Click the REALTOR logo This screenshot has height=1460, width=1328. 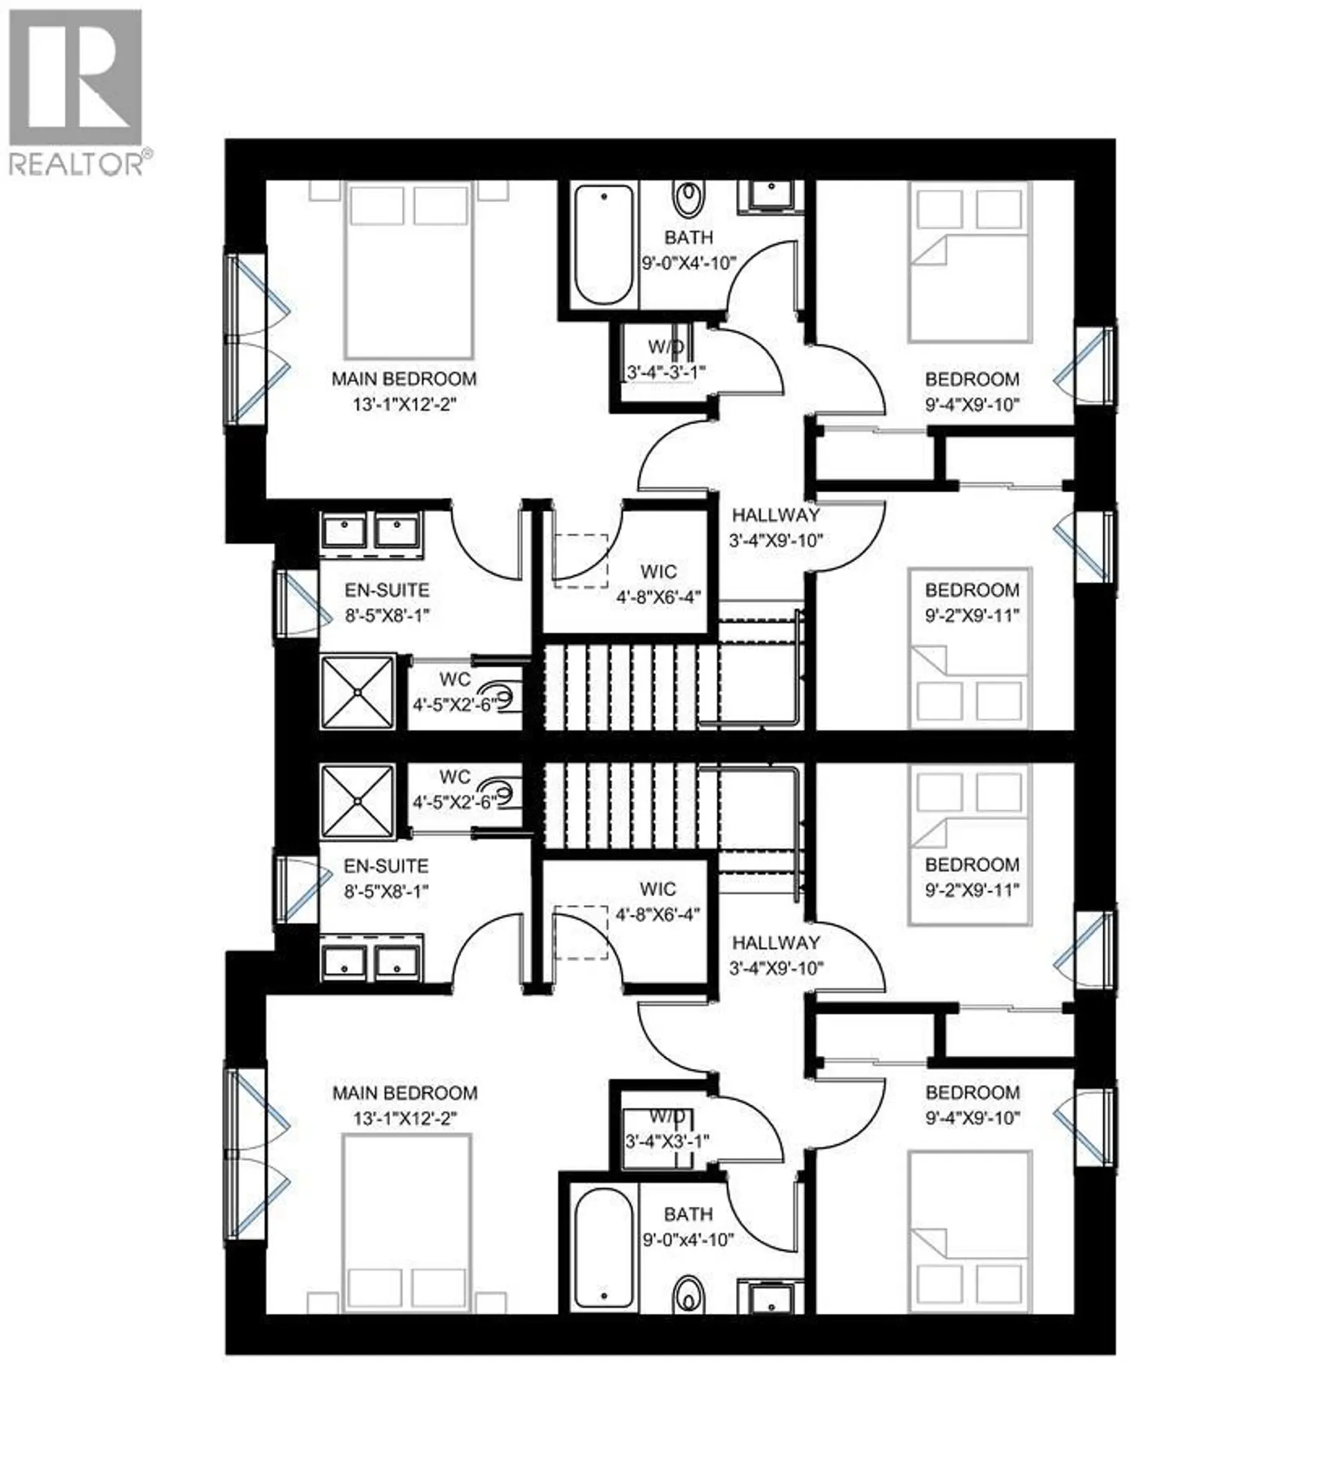75,91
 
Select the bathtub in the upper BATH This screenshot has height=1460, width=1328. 604,245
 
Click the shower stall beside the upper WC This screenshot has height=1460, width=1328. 358,693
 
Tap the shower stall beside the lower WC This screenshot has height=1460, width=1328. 358,802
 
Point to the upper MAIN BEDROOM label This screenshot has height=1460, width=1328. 404,378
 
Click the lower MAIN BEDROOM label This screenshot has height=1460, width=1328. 404,1093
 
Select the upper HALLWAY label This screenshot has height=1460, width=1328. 775,515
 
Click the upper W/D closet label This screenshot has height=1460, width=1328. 665,347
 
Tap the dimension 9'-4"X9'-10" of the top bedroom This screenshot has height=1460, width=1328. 972,404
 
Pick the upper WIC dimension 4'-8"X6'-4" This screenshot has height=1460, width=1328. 658,597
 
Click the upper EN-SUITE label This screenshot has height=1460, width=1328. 387,590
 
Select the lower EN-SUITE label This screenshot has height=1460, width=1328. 386,866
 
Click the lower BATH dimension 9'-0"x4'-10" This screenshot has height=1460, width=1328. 688,1240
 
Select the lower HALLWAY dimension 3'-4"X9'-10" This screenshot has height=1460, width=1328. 775,968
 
